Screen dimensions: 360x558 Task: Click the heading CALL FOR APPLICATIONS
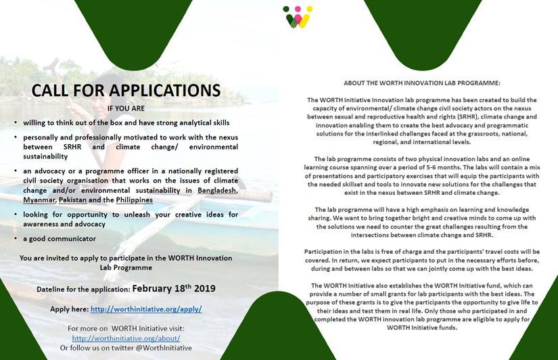126,91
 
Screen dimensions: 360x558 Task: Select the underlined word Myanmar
39,201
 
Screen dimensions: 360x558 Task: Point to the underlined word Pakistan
73,201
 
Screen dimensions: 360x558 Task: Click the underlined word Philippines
133,201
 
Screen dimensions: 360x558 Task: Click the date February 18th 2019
173,288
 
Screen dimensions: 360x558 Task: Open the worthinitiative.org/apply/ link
146,309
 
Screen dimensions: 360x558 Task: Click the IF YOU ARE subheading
126,108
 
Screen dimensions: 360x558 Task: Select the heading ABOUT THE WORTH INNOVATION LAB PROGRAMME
421,83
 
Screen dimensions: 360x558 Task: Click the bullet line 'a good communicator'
58,239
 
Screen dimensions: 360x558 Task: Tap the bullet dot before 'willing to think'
16,122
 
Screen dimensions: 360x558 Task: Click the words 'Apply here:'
69,309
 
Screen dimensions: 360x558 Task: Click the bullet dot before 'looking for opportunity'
16,215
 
